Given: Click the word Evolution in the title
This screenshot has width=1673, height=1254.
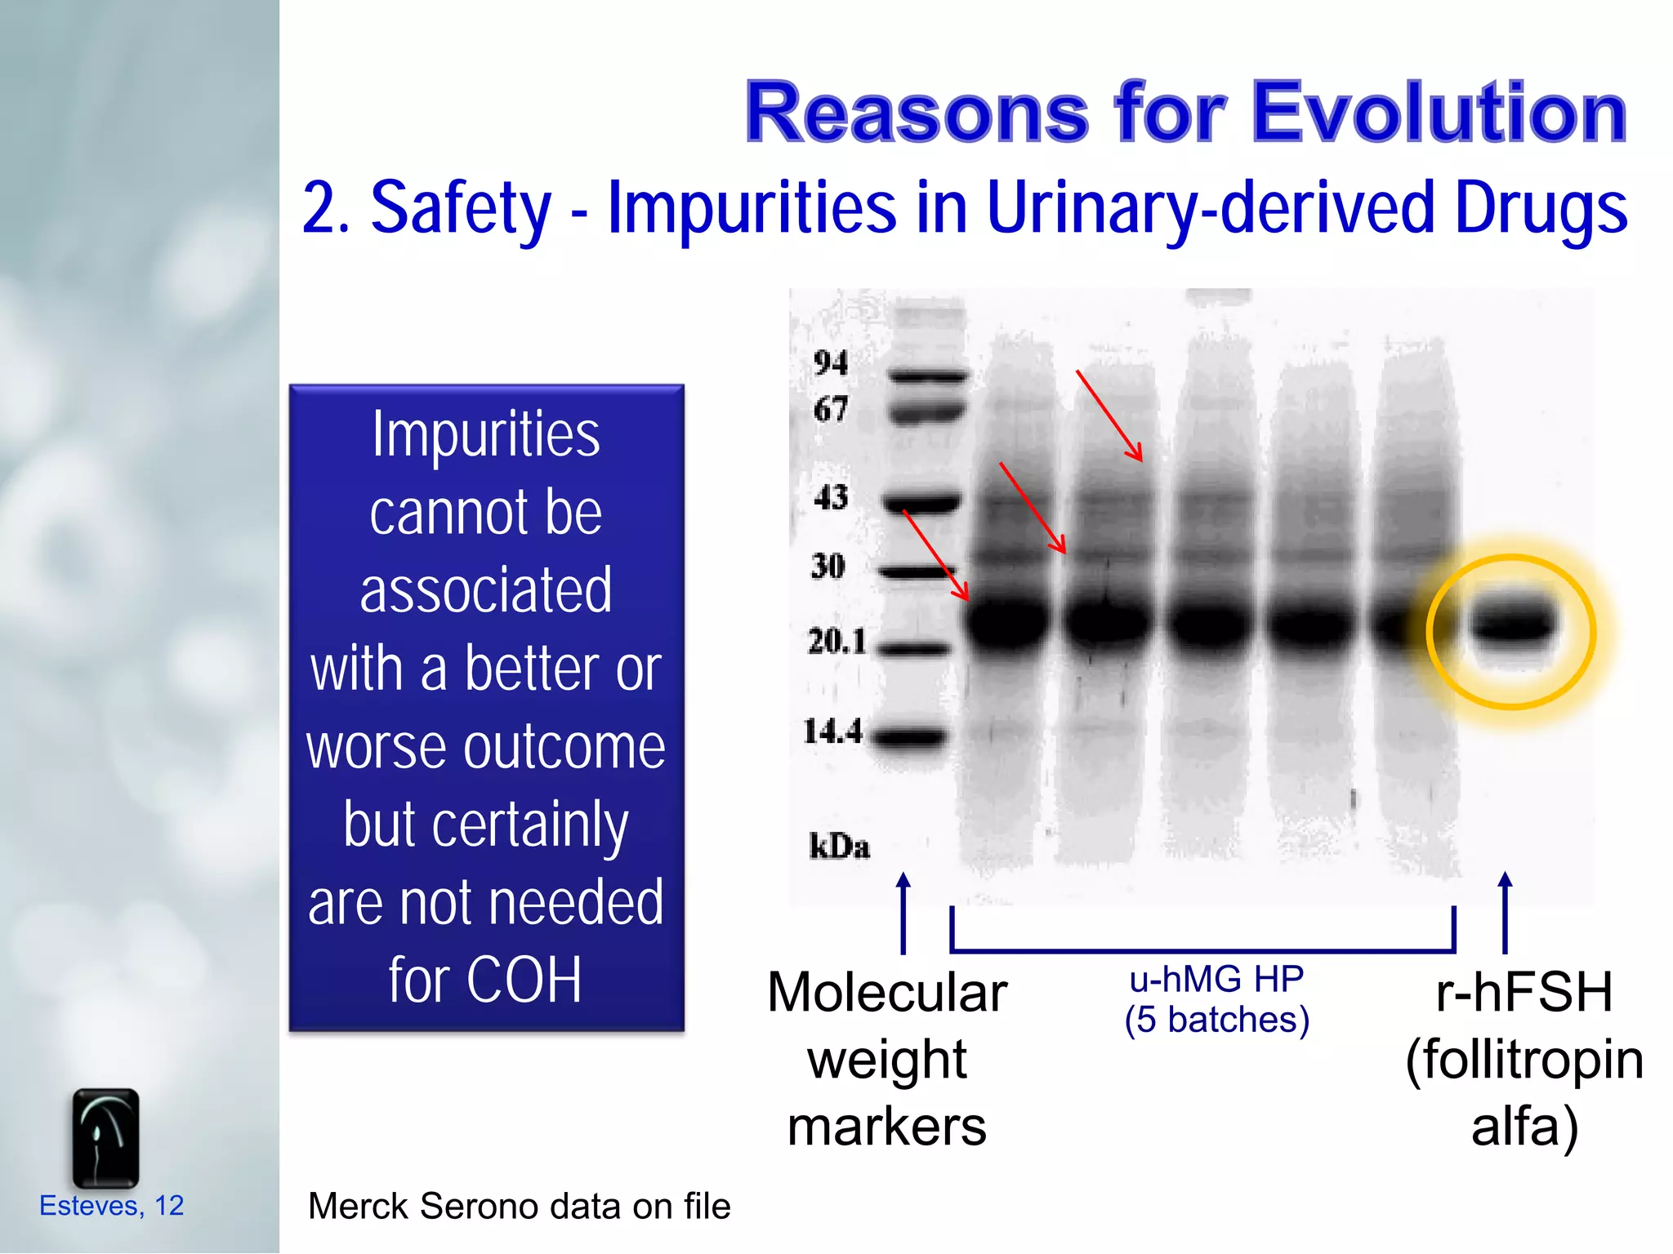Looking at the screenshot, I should click(x=1439, y=113).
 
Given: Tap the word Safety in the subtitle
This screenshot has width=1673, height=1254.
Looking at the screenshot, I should click(x=461, y=207).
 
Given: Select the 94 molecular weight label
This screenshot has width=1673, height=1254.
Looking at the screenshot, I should click(x=831, y=362).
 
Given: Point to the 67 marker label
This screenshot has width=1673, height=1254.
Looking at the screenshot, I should click(x=831, y=409).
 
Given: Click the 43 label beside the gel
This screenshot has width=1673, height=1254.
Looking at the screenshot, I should click(x=831, y=496).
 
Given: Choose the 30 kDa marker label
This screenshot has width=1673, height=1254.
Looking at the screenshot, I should click(x=828, y=566).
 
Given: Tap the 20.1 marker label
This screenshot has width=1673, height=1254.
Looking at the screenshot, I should click(x=836, y=642).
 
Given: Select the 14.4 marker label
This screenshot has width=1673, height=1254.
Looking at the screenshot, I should click(x=832, y=731).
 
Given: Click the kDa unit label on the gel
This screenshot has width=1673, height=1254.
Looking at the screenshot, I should click(x=839, y=847).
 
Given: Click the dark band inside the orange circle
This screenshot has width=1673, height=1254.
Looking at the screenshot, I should click(x=1512, y=625).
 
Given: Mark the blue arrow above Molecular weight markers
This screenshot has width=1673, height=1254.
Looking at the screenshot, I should click(x=903, y=913).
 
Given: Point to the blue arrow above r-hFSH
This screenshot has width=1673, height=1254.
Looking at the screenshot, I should click(x=1505, y=913).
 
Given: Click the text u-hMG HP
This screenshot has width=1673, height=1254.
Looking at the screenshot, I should click(x=1216, y=979).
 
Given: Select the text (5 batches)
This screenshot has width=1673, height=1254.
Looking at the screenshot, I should click(x=1216, y=1020).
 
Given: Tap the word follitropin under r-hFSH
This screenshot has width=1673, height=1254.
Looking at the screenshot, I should click(x=1524, y=1060).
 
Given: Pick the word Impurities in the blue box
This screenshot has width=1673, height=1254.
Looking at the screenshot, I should click(x=486, y=434).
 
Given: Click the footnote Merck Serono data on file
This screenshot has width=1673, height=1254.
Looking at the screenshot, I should click(x=519, y=1206).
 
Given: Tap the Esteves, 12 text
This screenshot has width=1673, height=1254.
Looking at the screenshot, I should click(x=112, y=1205).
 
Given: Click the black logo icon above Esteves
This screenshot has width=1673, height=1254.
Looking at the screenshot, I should click(x=105, y=1137).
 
